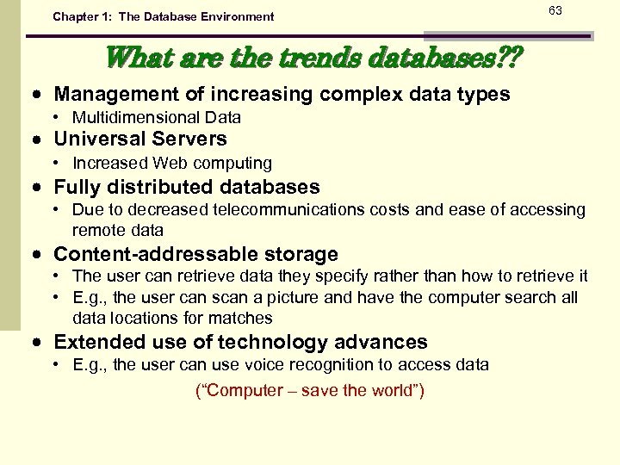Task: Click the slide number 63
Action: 555,11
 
